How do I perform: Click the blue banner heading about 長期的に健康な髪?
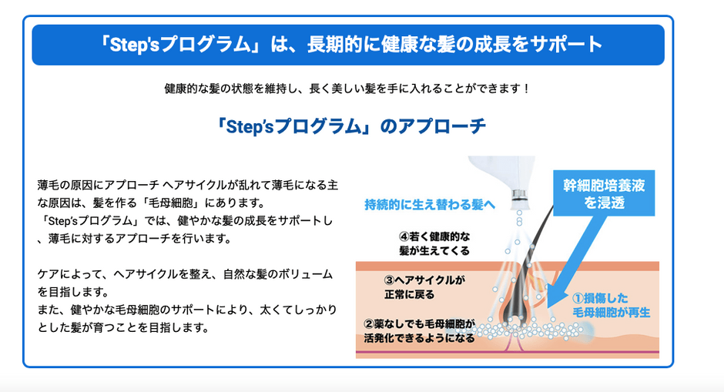[348, 45]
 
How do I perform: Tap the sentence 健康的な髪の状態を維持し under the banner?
[347, 89]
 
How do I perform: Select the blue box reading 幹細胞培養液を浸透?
[604, 193]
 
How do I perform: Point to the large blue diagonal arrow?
[577, 261]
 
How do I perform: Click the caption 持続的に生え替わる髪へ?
[430, 204]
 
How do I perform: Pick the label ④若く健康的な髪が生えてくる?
[434, 243]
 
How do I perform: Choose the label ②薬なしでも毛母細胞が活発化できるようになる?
[419, 330]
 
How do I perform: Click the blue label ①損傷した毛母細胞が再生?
[611, 305]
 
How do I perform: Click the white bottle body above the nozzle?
[502, 172]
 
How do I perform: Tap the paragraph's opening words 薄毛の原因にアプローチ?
[99, 185]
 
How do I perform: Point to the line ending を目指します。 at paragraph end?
[123, 327]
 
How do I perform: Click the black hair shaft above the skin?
[538, 235]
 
